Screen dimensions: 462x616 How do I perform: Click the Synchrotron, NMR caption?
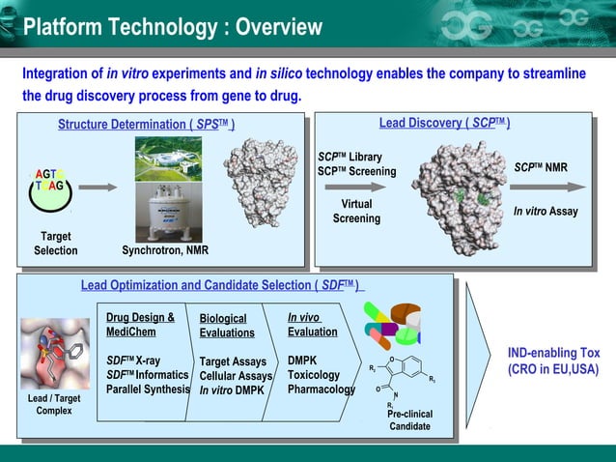click(x=165, y=251)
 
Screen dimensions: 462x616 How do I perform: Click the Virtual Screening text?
click(x=356, y=212)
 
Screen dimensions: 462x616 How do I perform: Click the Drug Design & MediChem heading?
click(x=140, y=325)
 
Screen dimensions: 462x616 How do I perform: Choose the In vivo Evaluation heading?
click(x=313, y=324)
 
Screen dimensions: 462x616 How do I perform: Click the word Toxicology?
click(x=314, y=375)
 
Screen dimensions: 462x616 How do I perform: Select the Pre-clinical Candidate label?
click(x=410, y=420)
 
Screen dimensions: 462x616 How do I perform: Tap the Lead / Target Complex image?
click(x=53, y=353)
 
